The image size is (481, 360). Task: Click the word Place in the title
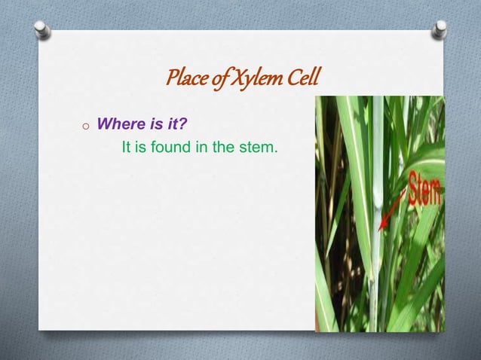click(184, 77)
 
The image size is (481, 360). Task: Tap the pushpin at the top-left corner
click(43, 30)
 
